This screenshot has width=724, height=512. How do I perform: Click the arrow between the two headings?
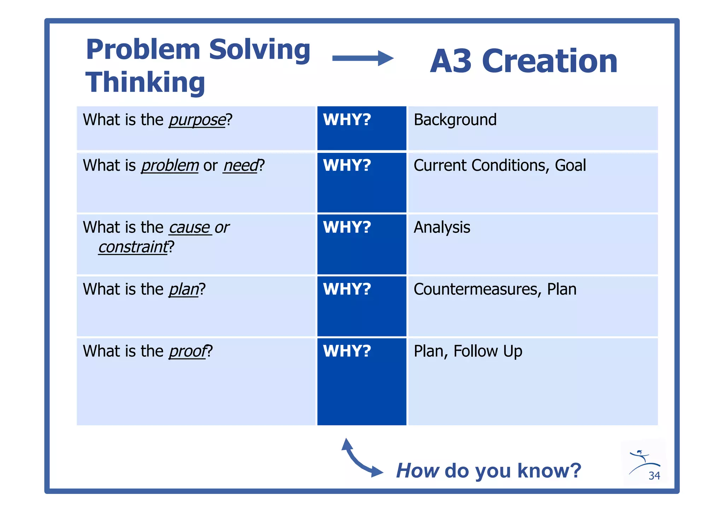(363, 58)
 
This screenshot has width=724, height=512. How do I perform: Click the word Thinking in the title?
(145, 82)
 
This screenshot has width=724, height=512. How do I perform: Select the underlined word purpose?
(197, 120)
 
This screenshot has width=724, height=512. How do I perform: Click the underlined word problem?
(170, 166)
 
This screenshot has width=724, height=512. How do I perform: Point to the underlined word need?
(241, 166)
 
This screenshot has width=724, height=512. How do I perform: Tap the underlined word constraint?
(133, 247)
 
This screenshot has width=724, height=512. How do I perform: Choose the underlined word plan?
(183, 289)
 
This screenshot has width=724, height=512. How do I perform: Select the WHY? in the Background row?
(347, 120)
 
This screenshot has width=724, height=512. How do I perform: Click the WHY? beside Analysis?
(347, 227)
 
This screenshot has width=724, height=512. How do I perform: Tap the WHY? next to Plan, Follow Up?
(347, 351)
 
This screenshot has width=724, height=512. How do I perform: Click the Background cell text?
(455, 120)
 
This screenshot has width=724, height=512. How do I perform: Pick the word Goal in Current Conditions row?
(570, 165)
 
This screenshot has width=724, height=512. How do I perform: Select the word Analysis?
(442, 227)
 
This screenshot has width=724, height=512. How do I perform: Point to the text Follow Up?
(488, 351)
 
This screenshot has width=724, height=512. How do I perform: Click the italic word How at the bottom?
(418, 471)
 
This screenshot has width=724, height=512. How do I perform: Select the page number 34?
(654, 476)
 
